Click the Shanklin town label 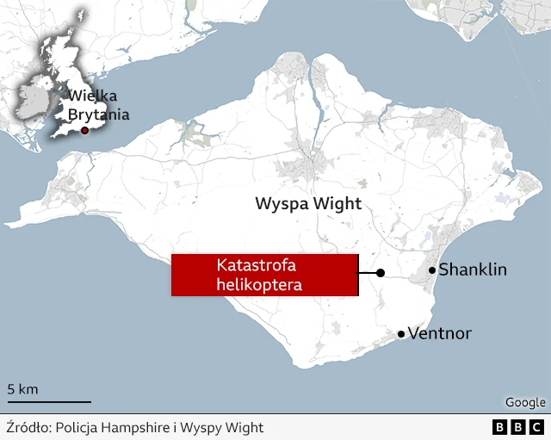pyautogui.click(x=473, y=270)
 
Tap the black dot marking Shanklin pyautogui.click(x=431, y=270)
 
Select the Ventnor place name pyautogui.click(x=439, y=333)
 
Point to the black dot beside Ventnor pyautogui.click(x=400, y=333)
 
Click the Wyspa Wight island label pyautogui.click(x=308, y=204)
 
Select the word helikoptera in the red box pyautogui.click(x=259, y=283)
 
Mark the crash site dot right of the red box pyautogui.click(x=381, y=273)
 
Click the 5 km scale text pyautogui.click(x=22, y=389)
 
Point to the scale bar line pyautogui.click(x=49, y=401)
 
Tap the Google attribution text pyautogui.click(x=524, y=402)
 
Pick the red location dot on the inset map pyautogui.click(x=84, y=130)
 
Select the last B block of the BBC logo pyautogui.click(x=536, y=427)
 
